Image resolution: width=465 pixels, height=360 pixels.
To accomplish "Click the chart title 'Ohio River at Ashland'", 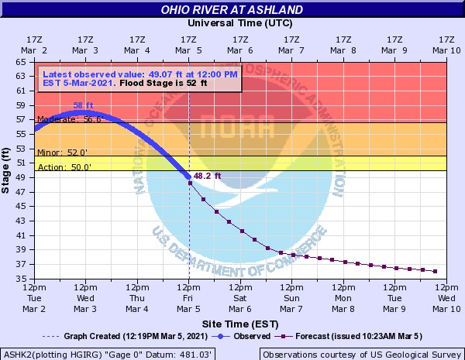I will click(232, 10).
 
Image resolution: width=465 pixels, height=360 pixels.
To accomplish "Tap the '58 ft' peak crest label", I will click(84, 105).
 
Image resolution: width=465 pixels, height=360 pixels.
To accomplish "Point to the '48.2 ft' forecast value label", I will click(208, 177).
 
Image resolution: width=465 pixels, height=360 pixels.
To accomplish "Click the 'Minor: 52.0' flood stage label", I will click(57, 153).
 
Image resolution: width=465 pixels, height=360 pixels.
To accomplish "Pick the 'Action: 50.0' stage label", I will click(58, 166).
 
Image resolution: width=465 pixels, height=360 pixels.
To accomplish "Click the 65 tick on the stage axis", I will click(26, 61).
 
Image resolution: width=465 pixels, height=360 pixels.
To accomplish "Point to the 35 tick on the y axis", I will click(26, 279).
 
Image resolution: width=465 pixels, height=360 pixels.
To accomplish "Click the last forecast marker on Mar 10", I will click(436, 271).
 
